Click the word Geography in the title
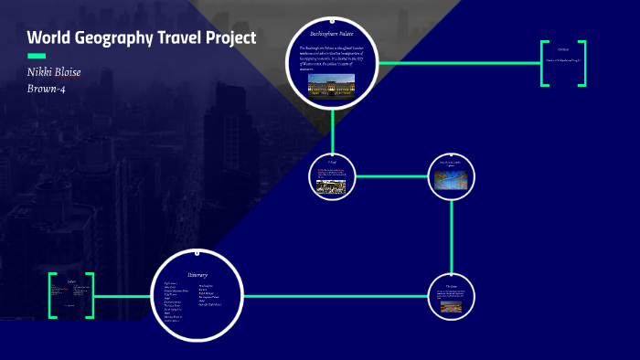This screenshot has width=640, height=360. point(109,38)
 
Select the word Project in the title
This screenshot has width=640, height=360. point(229,38)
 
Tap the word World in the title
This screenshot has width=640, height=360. point(48,38)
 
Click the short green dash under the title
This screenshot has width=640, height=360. point(36,57)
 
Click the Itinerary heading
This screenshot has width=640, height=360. point(198,274)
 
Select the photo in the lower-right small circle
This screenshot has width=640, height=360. point(452,306)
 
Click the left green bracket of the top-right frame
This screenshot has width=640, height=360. point(544,63)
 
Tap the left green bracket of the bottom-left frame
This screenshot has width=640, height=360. point(53,296)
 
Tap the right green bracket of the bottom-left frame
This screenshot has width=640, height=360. point(90,296)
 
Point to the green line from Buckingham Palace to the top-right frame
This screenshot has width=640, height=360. point(457,63)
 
